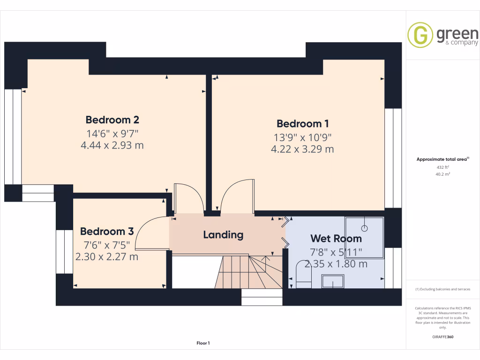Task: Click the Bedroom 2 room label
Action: pyautogui.click(x=112, y=120)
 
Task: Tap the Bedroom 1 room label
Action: pyautogui.click(x=302, y=124)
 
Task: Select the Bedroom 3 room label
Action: pyautogui.click(x=107, y=231)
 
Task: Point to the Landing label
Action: pyautogui.click(x=223, y=234)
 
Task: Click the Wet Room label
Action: pyautogui.click(x=336, y=239)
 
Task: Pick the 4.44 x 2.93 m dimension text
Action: pyautogui.click(x=112, y=145)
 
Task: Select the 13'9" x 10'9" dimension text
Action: pyautogui.click(x=302, y=137)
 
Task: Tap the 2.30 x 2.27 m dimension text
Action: pyautogui.click(x=107, y=256)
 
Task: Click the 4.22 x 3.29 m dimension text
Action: pyautogui.click(x=302, y=150)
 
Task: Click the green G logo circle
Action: pyautogui.click(x=420, y=35)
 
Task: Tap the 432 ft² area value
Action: pyautogui.click(x=443, y=167)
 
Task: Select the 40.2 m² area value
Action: pyautogui.click(x=443, y=174)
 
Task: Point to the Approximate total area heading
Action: pyautogui.click(x=442, y=159)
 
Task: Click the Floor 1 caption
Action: pyautogui.click(x=203, y=344)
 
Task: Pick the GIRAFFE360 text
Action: pyautogui.click(x=443, y=337)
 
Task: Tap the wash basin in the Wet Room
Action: pyautogui.click(x=333, y=281)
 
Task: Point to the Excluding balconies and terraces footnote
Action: pyautogui.click(x=443, y=289)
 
